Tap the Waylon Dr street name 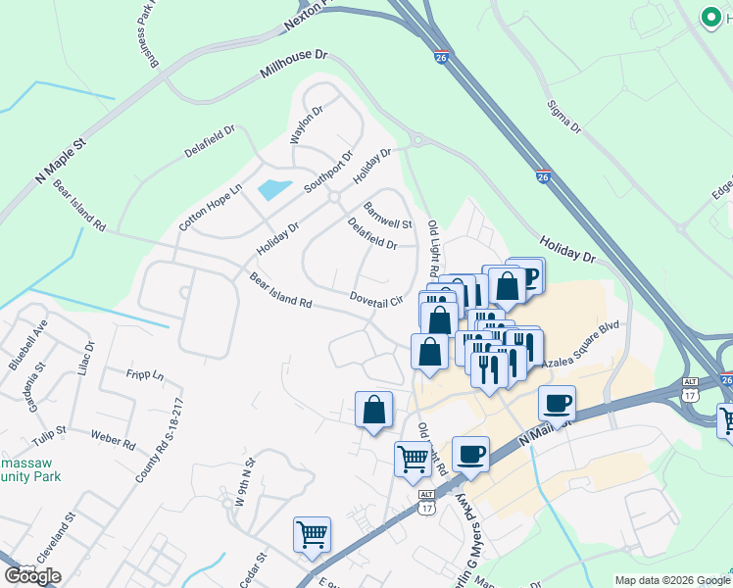(x=306, y=124)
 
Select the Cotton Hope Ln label (x=210, y=207)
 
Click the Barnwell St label (x=388, y=217)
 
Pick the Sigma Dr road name (x=563, y=113)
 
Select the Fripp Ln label (x=145, y=373)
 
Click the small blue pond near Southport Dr (x=273, y=189)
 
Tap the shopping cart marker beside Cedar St (x=312, y=535)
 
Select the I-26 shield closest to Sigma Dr (x=543, y=176)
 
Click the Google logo (x=32, y=576)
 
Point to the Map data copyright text (x=672, y=580)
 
